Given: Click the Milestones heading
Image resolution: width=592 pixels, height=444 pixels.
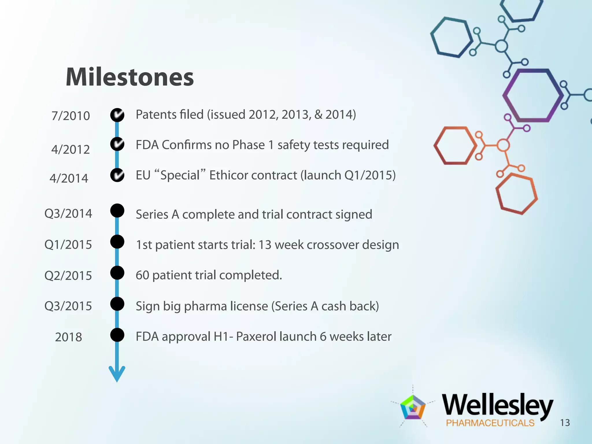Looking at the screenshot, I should [x=129, y=77].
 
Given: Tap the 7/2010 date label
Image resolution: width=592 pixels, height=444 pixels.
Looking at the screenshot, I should [x=71, y=116].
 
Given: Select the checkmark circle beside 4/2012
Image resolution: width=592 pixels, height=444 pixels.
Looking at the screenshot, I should [x=117, y=144].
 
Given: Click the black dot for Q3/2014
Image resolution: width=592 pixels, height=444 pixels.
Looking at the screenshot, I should [x=117, y=210].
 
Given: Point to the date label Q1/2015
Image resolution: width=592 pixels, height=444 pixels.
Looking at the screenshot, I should [x=68, y=245].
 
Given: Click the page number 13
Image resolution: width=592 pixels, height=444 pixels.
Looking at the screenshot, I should [x=565, y=423].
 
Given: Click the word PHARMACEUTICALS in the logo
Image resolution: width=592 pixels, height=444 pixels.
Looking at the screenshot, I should [x=490, y=423].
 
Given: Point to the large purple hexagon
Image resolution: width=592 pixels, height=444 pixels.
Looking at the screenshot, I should [x=532, y=95].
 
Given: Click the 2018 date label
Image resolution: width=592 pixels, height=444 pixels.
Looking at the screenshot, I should [x=69, y=337].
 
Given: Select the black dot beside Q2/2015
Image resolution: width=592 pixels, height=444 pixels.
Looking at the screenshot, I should [x=117, y=273].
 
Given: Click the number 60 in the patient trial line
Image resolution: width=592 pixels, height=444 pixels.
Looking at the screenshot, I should [x=142, y=275].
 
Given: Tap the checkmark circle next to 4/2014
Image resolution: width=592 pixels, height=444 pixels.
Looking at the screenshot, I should [x=117, y=175].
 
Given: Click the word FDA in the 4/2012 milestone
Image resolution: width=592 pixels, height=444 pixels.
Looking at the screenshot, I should [x=147, y=145].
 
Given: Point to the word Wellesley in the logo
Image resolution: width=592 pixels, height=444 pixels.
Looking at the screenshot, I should [x=497, y=405].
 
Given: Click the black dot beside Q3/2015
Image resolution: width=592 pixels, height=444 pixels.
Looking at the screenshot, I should [x=117, y=304].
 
